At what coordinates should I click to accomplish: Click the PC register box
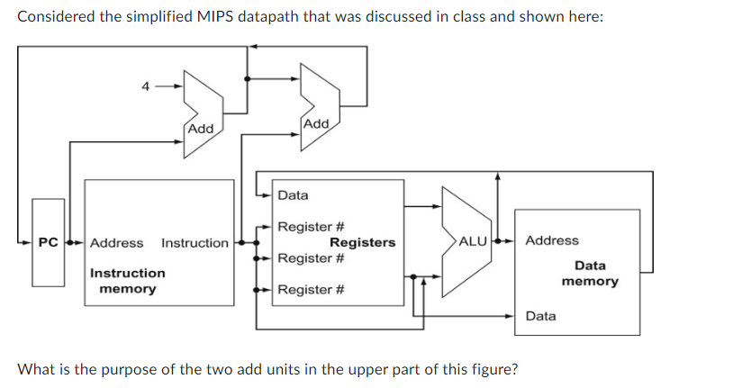click(49, 243)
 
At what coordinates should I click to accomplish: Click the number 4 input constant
click(145, 87)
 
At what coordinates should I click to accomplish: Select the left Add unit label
click(200, 129)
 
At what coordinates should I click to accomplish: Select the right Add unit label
click(316, 122)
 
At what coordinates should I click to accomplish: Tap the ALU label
click(473, 241)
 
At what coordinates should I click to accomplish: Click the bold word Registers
click(362, 242)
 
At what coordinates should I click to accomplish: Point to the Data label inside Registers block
click(293, 195)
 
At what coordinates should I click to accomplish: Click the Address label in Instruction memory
click(116, 243)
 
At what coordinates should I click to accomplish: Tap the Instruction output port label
click(195, 243)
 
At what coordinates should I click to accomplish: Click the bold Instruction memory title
click(127, 281)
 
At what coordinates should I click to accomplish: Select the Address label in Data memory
click(552, 240)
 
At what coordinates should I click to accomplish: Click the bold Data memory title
click(590, 274)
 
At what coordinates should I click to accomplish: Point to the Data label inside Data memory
click(540, 316)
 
